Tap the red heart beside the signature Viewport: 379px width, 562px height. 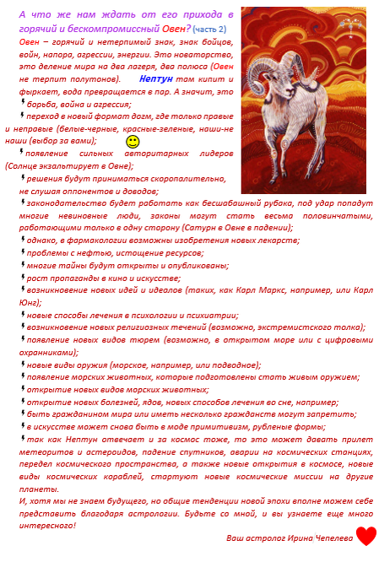[x=365, y=535]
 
